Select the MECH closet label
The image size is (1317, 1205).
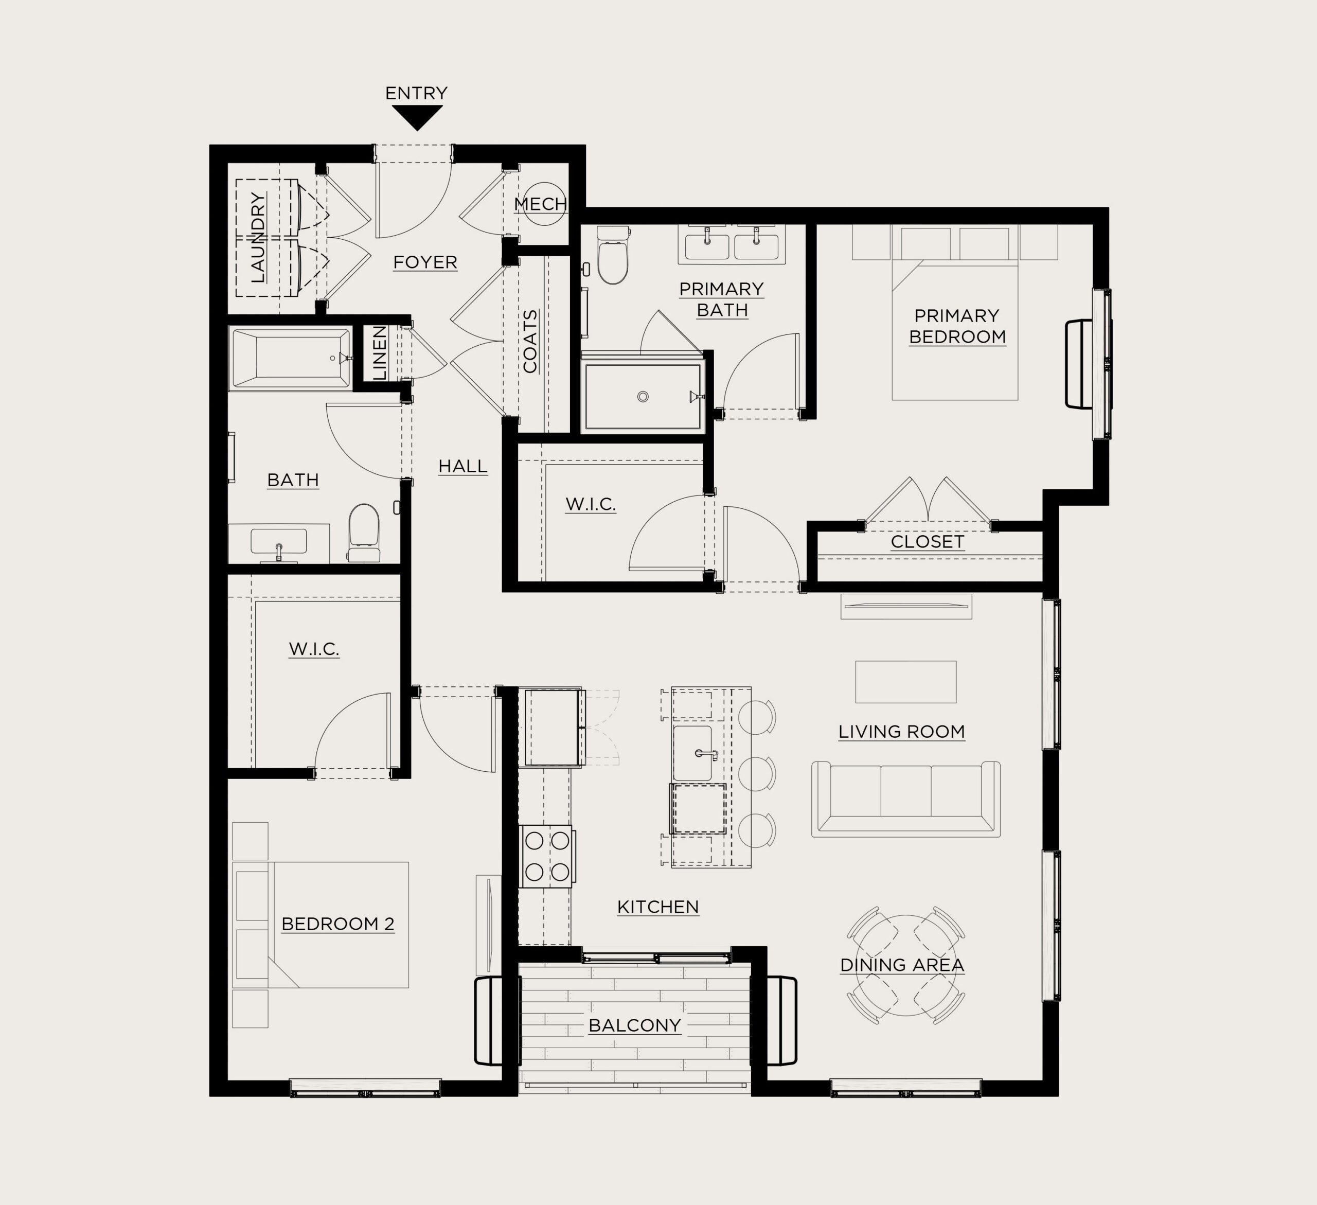[540, 204]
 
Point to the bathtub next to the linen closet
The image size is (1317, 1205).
[291, 358]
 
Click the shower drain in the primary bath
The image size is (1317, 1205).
[643, 397]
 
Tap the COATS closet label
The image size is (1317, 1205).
[530, 341]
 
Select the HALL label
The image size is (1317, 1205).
[463, 467]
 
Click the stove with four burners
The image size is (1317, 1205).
[547, 856]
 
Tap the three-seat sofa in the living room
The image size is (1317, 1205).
[906, 799]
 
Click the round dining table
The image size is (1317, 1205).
[906, 965]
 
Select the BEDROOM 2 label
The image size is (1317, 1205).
[338, 924]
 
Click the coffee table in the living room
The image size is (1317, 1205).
[906, 682]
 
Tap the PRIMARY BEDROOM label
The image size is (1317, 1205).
[957, 326]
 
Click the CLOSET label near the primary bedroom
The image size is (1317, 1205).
[928, 542]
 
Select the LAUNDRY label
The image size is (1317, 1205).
[258, 237]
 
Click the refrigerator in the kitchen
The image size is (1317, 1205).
[553, 726]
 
